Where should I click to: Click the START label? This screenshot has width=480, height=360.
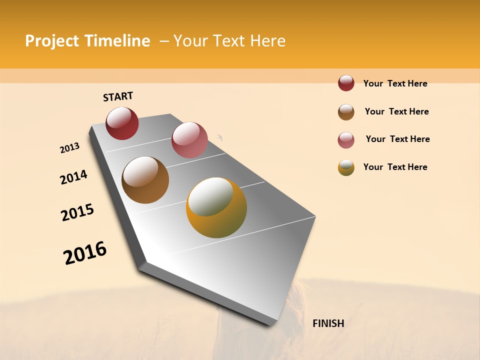(x=118, y=96)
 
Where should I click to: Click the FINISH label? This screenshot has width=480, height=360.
(x=328, y=323)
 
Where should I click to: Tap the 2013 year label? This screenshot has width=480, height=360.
(x=69, y=148)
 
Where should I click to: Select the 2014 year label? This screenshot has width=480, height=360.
(x=73, y=177)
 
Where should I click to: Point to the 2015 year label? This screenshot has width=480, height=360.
(x=77, y=212)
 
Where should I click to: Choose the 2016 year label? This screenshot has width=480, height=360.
(x=85, y=253)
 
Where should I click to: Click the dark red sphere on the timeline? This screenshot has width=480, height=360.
(x=122, y=123)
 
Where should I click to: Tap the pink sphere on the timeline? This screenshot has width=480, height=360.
(x=189, y=139)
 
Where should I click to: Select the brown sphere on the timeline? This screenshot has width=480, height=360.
(x=145, y=179)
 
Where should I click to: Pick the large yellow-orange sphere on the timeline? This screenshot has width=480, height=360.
(x=216, y=207)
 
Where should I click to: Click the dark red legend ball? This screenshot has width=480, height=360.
(x=346, y=83)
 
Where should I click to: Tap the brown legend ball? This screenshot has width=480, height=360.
(x=346, y=112)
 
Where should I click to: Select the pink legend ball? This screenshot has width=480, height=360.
(x=346, y=140)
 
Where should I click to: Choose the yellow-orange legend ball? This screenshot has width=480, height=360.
(x=346, y=167)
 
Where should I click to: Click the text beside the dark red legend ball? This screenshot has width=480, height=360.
(x=395, y=83)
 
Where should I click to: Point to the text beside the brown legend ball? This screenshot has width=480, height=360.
(x=396, y=111)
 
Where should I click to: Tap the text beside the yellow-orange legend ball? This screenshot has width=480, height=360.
(x=395, y=167)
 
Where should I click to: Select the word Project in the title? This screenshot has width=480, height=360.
(x=52, y=41)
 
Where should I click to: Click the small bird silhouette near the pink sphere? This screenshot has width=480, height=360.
(x=219, y=137)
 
